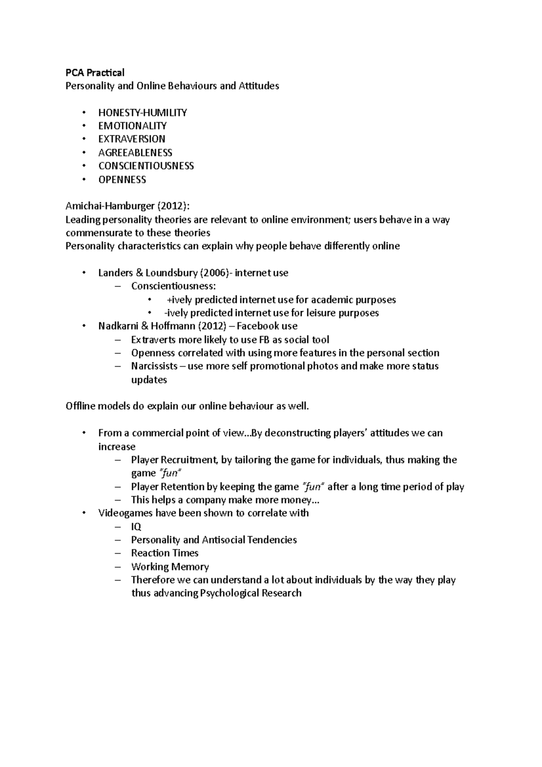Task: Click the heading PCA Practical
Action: click(95, 73)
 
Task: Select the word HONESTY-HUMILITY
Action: click(142, 113)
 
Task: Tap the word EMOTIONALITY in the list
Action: click(132, 126)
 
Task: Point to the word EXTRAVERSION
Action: click(132, 139)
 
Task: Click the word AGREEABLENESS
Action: click(135, 153)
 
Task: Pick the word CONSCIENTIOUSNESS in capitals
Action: click(146, 166)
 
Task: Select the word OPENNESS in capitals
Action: click(122, 180)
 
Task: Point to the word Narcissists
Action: click(154, 366)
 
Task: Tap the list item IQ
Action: click(136, 527)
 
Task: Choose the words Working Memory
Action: click(170, 567)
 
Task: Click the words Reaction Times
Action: click(164, 553)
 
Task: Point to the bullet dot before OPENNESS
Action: click(84, 180)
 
